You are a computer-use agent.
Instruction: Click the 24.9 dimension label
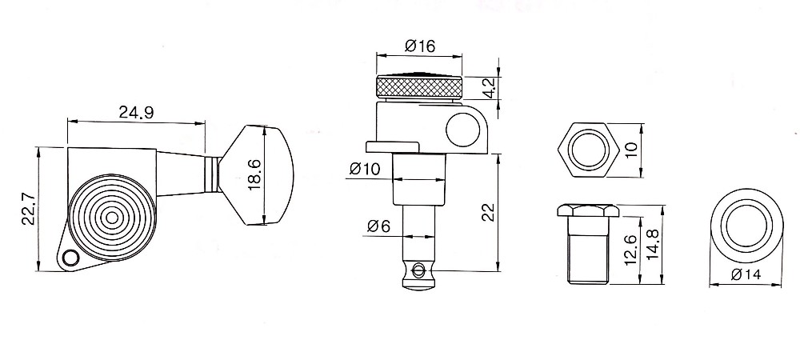click(136, 112)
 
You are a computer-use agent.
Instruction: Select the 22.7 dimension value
click(29, 209)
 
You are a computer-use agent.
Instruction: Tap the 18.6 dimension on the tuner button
click(255, 174)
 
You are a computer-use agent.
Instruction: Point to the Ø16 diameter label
click(420, 46)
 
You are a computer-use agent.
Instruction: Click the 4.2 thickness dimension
click(489, 88)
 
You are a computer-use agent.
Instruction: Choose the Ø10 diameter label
click(365, 169)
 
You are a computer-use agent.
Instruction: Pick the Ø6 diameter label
click(378, 226)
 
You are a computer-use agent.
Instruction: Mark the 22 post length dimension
click(489, 212)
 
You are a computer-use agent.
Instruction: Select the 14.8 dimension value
click(653, 245)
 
